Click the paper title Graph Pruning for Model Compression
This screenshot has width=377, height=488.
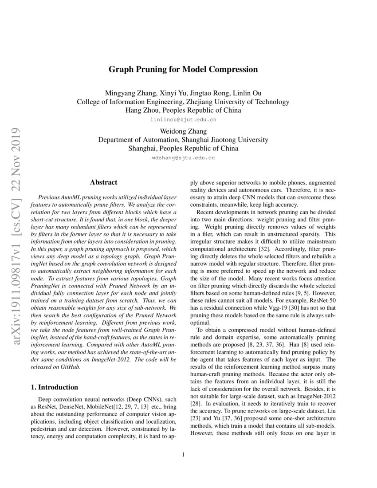pos(183,70)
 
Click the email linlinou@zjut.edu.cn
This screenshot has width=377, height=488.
pos(183,120)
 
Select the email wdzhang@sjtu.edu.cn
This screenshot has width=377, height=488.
pos(183,157)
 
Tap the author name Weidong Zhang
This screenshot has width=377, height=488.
pos(183,131)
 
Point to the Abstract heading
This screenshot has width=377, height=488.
pos(103,182)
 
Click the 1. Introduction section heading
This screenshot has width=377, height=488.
pos(55,387)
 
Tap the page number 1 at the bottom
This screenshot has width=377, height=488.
pos(183,454)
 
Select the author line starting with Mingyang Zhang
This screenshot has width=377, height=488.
pos(183,93)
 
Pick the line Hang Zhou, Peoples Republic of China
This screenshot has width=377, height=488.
pos(183,110)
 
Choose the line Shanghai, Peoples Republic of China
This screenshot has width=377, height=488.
pos(183,148)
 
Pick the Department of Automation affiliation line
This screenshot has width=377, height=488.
pos(183,140)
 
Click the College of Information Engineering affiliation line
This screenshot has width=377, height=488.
pos(183,102)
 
